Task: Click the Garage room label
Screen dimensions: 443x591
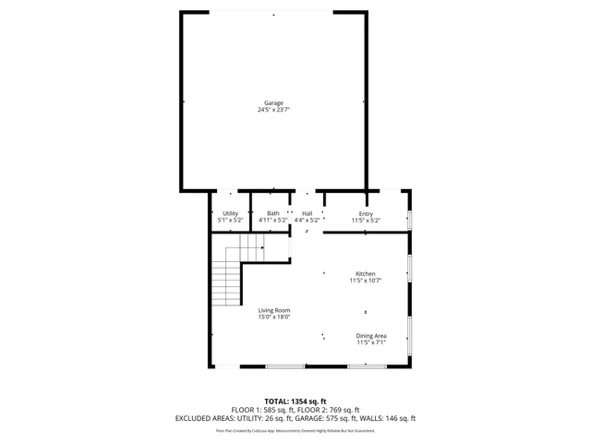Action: (273, 102)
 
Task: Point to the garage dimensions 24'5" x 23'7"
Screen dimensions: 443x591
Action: (273, 110)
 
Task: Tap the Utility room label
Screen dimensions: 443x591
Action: (230, 214)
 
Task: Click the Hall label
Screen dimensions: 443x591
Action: (307, 214)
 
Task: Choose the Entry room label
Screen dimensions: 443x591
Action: (366, 214)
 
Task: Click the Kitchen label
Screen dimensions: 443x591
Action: (366, 273)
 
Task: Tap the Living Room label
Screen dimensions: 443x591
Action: (274, 310)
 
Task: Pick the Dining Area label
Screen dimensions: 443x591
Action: (371, 335)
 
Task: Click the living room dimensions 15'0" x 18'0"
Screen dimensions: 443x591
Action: (274, 317)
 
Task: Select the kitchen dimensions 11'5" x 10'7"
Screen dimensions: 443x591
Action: (366, 281)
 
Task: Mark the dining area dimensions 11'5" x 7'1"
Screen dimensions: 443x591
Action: (371, 342)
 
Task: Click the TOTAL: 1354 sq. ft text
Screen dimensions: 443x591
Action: (295, 401)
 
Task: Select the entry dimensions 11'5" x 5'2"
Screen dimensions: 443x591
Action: (366, 221)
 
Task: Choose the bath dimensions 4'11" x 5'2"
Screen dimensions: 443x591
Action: (273, 221)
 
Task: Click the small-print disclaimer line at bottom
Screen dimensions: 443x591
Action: (295, 430)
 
